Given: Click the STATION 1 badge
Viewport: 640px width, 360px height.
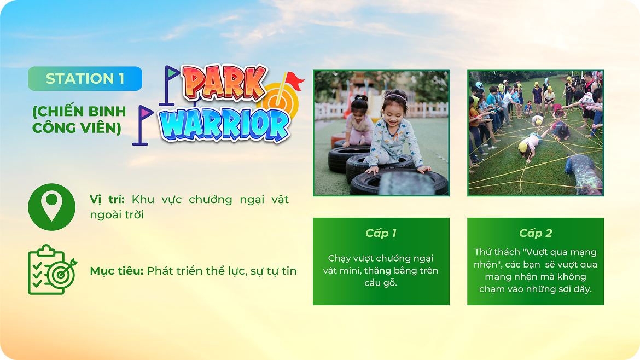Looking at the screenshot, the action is [x=85, y=78].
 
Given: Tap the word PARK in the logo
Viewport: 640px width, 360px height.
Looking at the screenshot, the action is [x=224, y=83].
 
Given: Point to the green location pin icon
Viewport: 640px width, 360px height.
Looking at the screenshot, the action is [x=52, y=207].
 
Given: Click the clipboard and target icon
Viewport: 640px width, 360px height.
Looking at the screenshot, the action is [x=53, y=269].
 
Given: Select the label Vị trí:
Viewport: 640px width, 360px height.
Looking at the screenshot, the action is [x=107, y=199].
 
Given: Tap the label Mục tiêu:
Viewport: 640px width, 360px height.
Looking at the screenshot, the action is [x=117, y=271].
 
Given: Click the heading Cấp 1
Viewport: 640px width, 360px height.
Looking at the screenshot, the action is [x=381, y=233].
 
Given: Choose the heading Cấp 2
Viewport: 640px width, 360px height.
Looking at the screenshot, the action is [x=536, y=233].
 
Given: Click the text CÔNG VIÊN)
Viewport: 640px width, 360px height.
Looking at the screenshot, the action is [x=77, y=128].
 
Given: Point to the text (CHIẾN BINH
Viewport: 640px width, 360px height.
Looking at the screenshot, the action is [x=79, y=111].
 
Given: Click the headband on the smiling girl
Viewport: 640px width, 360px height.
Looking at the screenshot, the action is [x=395, y=96].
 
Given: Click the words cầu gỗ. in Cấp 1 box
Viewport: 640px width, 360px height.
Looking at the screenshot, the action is [x=381, y=283].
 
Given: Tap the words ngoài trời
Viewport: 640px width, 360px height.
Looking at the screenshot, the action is [x=117, y=214].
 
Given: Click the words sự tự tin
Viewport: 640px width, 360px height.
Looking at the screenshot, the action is [x=274, y=271].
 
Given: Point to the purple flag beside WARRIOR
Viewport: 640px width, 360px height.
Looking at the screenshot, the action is [x=144, y=113].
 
